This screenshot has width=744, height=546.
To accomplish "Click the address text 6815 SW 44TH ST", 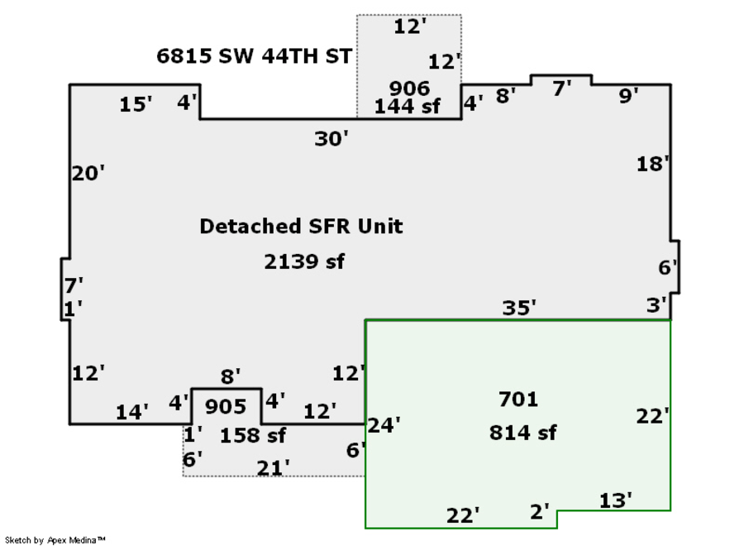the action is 254,56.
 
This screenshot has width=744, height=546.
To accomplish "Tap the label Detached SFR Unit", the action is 301,226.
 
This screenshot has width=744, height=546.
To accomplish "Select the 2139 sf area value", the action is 304,261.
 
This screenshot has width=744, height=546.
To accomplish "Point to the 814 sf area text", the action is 522,433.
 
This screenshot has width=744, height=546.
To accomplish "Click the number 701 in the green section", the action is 518,400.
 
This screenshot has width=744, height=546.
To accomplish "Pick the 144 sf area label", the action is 407,107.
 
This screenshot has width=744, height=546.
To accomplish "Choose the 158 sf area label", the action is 253,435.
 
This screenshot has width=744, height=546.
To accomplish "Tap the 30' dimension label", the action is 331,139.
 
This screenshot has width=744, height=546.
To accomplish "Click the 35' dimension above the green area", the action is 519,308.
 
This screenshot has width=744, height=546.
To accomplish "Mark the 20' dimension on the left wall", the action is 88,173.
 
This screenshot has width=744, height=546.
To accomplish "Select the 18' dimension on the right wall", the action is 653,164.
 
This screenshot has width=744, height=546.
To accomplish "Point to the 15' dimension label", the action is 136,104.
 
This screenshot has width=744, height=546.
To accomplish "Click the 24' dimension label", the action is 384,425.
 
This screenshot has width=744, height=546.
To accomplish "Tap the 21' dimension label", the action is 273,468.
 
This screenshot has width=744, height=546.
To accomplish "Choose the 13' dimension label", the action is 615,500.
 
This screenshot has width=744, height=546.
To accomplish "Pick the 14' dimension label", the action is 132,412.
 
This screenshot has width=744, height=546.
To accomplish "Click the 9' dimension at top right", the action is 629,95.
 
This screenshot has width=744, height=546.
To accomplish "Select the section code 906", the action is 409,89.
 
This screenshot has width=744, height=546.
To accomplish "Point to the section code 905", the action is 226,406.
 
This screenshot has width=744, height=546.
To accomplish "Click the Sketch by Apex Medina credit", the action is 55,540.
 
